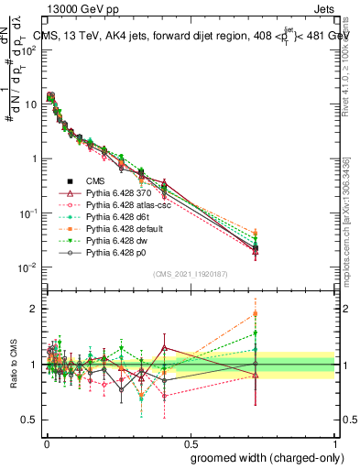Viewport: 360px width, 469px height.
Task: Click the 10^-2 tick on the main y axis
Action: (27, 267)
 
